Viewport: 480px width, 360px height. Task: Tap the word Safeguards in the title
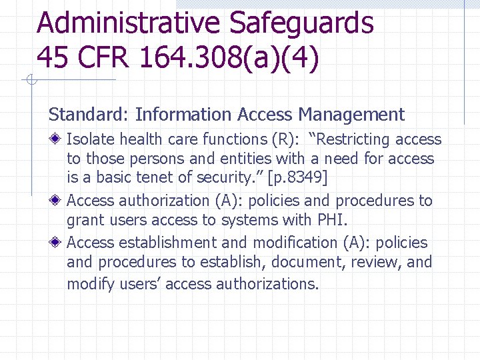click(x=302, y=23)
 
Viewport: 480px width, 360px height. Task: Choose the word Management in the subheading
click(x=351, y=115)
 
